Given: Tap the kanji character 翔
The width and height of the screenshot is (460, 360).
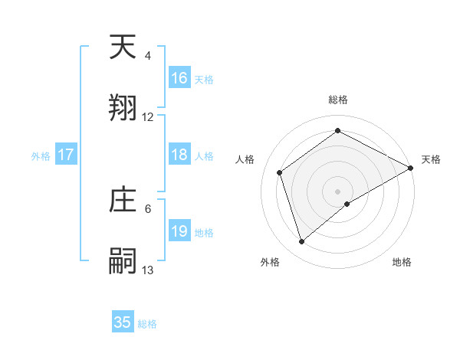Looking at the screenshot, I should pos(123,107).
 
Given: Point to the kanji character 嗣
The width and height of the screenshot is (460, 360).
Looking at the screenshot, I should pos(123,260).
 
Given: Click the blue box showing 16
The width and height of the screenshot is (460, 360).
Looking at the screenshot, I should pos(179,78).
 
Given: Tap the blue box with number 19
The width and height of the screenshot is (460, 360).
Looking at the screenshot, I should pos(179,231).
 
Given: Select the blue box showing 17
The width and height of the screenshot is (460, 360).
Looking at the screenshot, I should pos(66,155).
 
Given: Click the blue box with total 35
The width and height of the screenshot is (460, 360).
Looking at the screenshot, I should pos(123,322).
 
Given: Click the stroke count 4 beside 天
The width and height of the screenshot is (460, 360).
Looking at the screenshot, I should pos(148,56).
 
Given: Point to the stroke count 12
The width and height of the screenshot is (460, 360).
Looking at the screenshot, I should pos(148,117).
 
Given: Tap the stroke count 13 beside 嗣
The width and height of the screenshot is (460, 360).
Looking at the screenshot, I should pos(148,270).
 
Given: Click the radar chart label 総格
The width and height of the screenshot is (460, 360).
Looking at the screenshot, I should pos(338,100).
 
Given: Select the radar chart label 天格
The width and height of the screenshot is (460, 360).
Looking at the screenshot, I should pos(431,159).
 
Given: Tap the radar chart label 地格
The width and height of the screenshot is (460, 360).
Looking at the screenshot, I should pos(402,262).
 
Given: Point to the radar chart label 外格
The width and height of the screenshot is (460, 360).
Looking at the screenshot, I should pos(270,262).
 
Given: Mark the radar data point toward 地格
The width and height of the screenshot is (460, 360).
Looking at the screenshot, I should pos(347,204).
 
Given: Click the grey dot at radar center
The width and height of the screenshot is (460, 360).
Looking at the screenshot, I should pos(338,191).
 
